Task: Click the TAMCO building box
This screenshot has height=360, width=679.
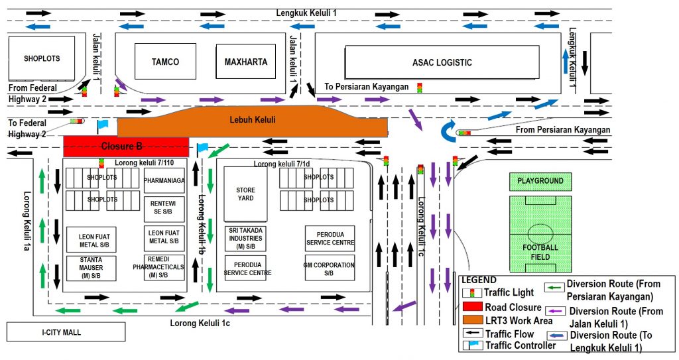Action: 165,62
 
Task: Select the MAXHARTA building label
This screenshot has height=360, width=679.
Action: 245,62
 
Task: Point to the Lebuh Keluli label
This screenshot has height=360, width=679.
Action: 252,120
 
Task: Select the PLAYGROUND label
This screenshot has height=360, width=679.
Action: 540,181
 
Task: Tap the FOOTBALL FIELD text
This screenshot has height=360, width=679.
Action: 540,252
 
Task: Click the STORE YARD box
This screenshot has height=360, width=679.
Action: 245,194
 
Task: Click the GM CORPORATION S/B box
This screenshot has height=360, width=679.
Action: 330,269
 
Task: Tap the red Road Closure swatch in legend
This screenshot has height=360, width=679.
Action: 473,307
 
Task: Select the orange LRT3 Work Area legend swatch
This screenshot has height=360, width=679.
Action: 473,321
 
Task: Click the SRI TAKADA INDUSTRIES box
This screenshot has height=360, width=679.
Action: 245,238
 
